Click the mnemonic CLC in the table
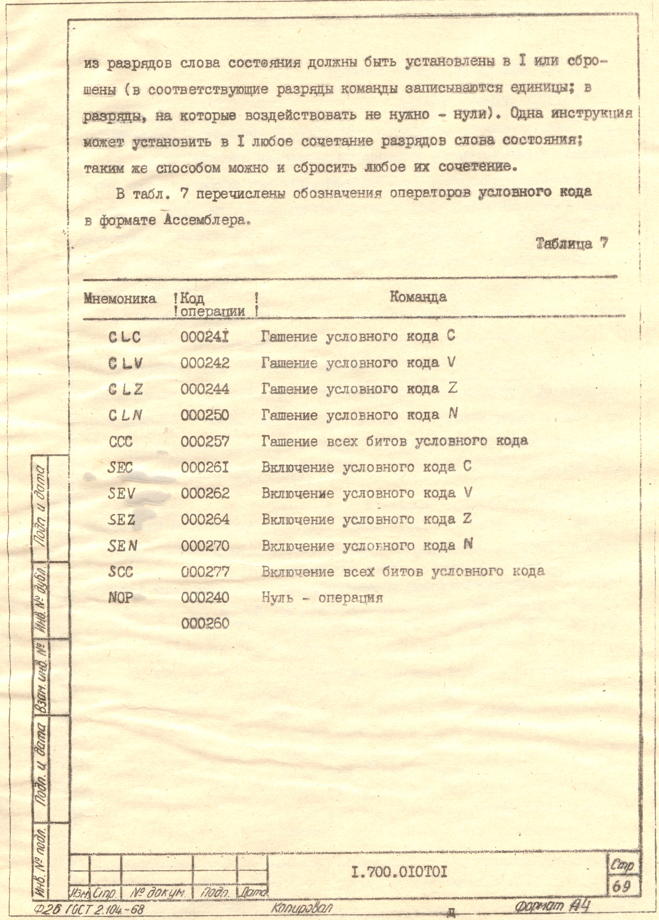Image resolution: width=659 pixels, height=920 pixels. coord(125,337)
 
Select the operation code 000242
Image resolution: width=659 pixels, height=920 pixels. coord(205,363)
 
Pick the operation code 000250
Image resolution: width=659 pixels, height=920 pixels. coord(205,415)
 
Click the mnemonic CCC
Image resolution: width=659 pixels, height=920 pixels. coord(121,441)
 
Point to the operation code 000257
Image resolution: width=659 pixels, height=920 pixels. coord(205,441)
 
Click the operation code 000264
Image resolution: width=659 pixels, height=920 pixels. coord(205,520)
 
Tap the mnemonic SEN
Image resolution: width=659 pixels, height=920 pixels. coord(123,546)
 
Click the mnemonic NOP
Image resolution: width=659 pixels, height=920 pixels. coord(121,598)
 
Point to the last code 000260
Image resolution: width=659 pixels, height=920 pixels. coord(205,623)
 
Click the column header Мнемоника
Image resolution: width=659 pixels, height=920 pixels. coord(120,299)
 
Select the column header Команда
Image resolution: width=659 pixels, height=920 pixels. coord(418,297)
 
